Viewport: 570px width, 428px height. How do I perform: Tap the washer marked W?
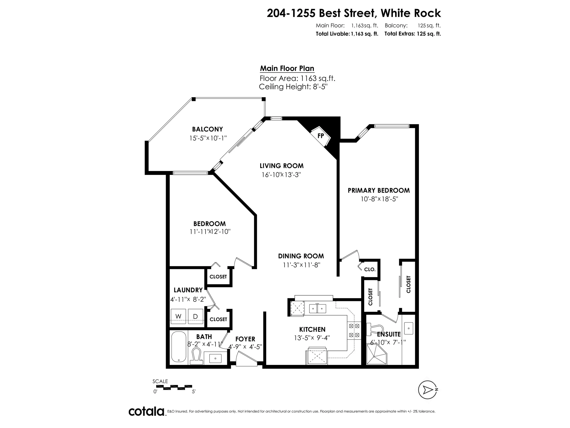(x=178, y=316)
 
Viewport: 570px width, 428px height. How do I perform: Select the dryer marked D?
(x=195, y=316)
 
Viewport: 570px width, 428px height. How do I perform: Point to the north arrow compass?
(x=427, y=390)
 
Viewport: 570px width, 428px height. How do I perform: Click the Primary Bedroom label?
(x=379, y=190)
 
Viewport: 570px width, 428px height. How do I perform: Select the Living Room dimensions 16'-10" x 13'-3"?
(x=281, y=175)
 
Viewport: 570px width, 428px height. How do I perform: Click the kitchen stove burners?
(x=354, y=331)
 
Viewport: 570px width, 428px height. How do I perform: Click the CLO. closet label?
(x=369, y=269)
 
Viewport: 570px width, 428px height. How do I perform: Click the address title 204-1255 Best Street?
(x=322, y=13)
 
